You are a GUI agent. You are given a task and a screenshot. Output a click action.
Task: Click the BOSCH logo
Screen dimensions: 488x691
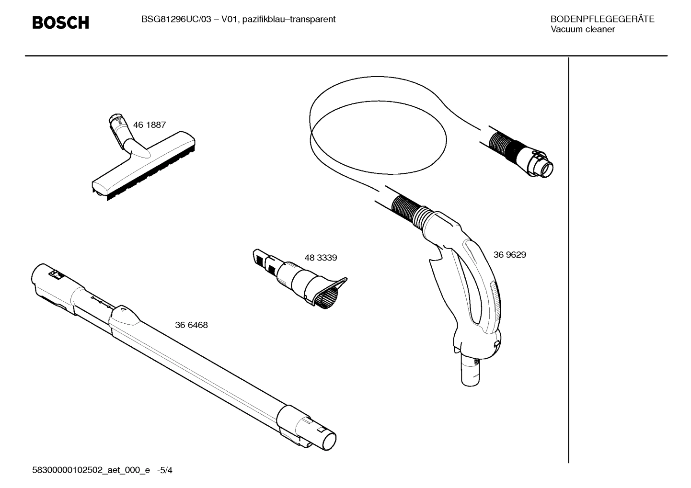tap(60, 23)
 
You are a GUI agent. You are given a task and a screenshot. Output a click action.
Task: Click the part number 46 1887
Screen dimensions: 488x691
tap(150, 125)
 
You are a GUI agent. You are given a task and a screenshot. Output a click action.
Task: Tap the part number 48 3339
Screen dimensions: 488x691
tap(321, 258)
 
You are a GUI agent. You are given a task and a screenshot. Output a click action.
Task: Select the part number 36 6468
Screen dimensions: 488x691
tap(191, 325)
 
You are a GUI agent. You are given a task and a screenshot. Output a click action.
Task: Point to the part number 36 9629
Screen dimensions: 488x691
tap(509, 255)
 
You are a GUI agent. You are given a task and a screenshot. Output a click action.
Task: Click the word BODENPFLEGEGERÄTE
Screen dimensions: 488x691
tap(602, 20)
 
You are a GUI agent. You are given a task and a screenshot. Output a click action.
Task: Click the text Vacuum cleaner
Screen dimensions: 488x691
tap(582, 30)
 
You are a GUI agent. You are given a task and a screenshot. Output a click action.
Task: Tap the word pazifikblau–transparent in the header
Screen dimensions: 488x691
tap(289, 20)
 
